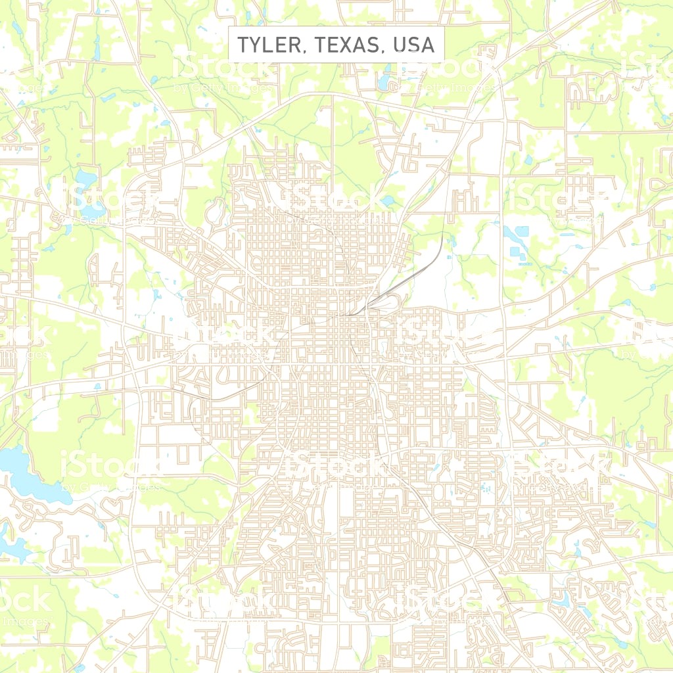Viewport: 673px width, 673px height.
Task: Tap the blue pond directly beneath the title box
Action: (383, 83)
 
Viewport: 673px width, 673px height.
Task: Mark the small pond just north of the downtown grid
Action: (388, 200)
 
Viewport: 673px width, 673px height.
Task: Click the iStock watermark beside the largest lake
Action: (108, 468)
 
